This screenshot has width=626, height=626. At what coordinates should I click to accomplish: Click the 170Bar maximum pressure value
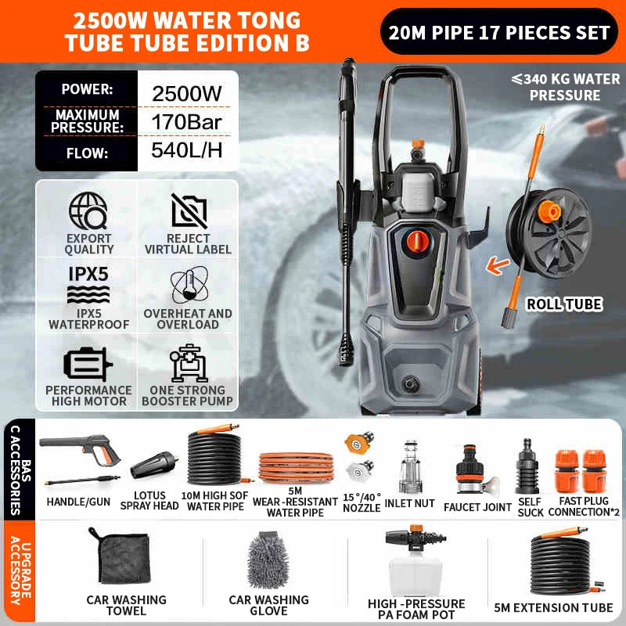click(x=186, y=122)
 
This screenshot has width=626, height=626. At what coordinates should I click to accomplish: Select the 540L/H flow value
click(x=186, y=150)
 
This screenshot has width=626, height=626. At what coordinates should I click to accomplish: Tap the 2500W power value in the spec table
click(x=186, y=94)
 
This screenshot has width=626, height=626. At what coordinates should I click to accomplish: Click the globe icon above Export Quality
click(x=88, y=210)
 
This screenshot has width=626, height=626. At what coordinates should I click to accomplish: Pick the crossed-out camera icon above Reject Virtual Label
click(x=189, y=211)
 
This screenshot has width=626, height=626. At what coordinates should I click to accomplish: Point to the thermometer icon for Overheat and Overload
click(x=189, y=285)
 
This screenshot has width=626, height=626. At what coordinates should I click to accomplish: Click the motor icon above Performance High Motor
click(x=88, y=363)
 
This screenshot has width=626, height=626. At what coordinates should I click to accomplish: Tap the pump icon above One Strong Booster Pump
click(x=188, y=363)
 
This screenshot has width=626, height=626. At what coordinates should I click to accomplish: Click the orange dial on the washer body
click(x=418, y=241)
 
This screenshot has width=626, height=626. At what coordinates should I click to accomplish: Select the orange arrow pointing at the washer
click(x=498, y=265)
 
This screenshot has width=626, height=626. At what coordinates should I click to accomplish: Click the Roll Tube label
click(x=564, y=304)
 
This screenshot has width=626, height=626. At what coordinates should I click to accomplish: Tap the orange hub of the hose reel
click(x=549, y=211)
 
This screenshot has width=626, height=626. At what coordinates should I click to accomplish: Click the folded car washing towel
click(x=124, y=556)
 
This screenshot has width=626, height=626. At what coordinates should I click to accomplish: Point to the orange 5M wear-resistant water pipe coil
click(x=297, y=467)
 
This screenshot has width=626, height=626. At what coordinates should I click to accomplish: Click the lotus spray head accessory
click(x=154, y=465)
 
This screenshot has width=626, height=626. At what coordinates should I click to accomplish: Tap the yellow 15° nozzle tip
click(x=358, y=442)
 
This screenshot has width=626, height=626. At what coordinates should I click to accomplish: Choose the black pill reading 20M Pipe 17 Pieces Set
click(x=499, y=31)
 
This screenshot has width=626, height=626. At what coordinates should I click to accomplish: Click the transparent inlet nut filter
click(x=410, y=467)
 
